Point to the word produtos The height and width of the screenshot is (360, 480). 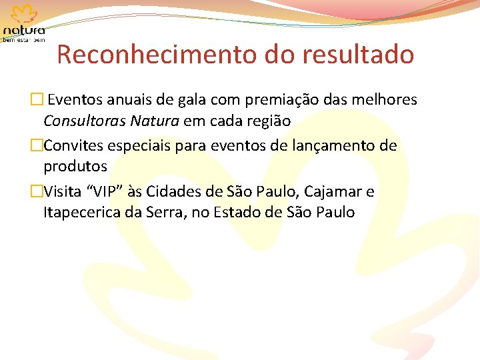point(75,165)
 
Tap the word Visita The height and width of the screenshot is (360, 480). point(63,192)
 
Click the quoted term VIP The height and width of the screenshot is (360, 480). point(109,192)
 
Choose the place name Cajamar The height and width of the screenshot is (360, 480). point(333,192)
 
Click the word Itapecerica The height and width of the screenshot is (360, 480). point(81,213)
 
